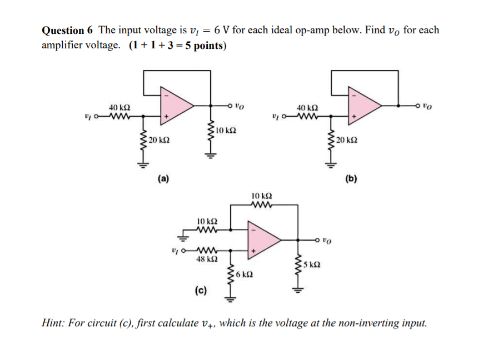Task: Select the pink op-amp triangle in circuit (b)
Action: pos(362,104)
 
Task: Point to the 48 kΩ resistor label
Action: pos(207,259)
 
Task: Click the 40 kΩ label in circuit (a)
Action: pos(119,107)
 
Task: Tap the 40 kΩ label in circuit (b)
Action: pos(307,107)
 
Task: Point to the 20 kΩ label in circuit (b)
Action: pos(348,139)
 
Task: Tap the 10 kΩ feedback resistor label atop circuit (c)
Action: pos(261,196)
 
